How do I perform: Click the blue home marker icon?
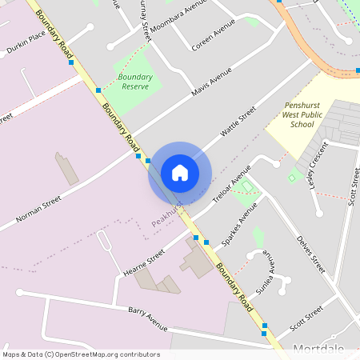tap(180, 172)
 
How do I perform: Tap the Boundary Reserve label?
tap(135, 81)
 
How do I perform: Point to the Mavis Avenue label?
tap(211, 82)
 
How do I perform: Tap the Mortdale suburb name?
tap(318, 349)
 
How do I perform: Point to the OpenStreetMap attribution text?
tap(81, 354)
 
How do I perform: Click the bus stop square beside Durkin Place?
tap(71, 62)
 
